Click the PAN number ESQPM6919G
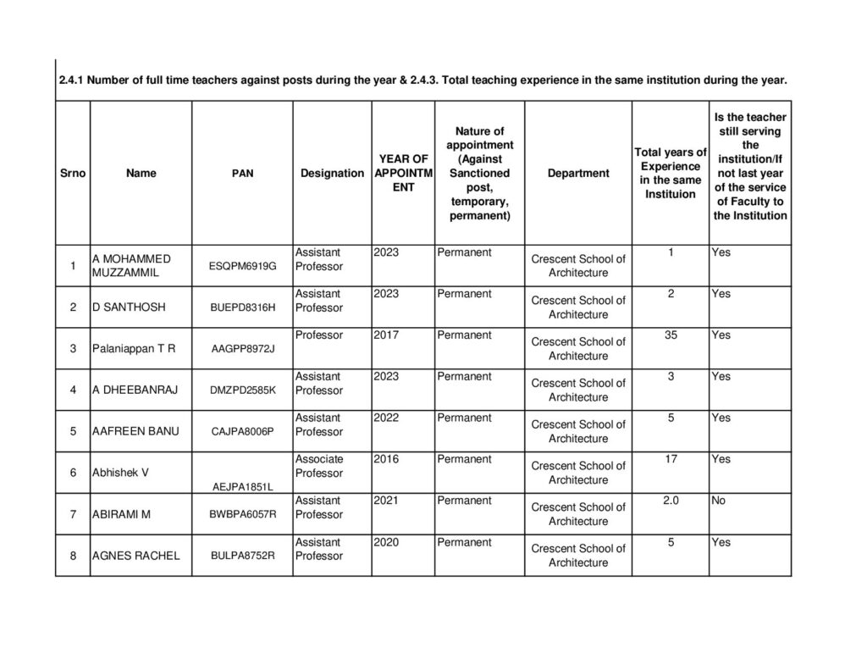point(242,266)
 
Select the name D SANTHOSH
point(128,307)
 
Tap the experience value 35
point(671,335)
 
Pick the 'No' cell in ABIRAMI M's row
point(719,501)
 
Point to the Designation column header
point(332,173)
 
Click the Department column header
point(578,173)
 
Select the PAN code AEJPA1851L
point(242,485)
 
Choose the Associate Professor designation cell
point(319,466)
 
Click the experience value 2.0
point(671,501)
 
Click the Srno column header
point(73,173)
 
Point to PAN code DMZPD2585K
point(242,390)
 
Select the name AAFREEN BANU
point(135,431)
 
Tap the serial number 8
point(73,556)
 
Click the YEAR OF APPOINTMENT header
point(403,173)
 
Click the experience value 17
point(671,459)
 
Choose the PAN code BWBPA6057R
point(242,514)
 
